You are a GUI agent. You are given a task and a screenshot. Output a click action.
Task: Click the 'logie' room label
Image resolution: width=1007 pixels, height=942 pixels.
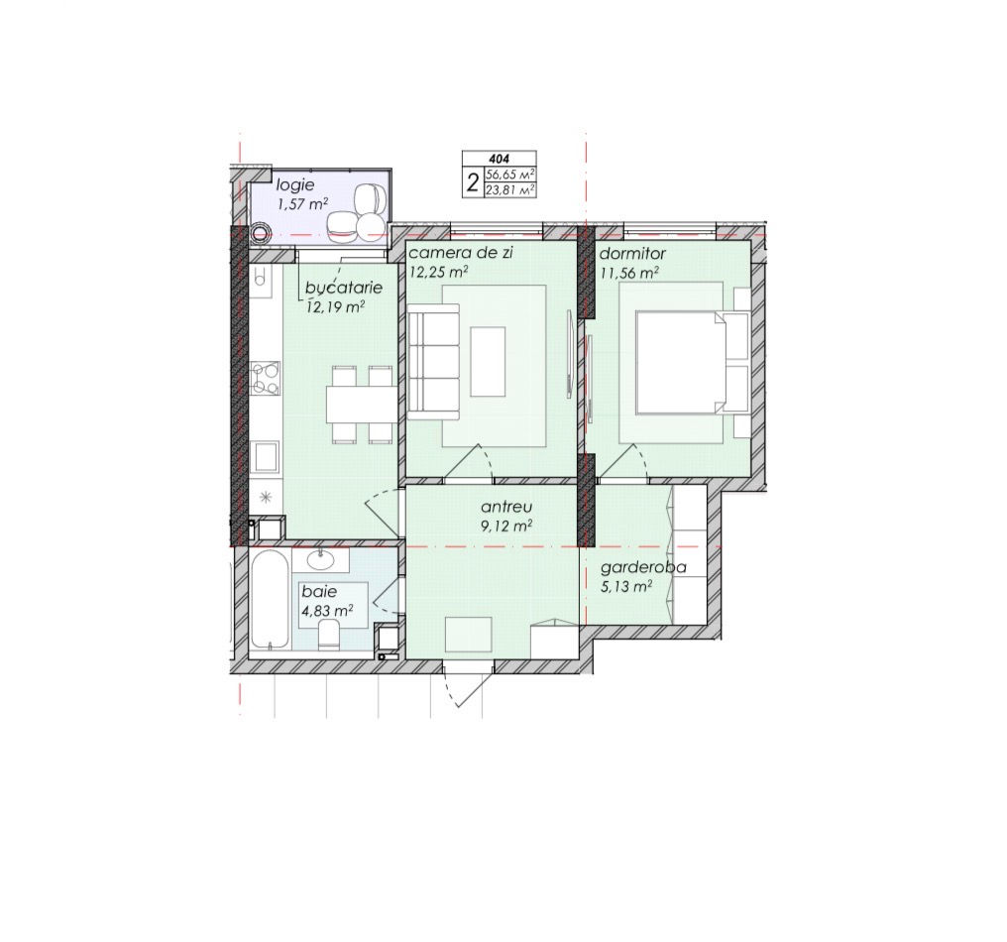pos(294,185)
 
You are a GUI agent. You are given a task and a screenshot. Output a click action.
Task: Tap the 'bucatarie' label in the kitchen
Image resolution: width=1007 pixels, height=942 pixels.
pos(344,288)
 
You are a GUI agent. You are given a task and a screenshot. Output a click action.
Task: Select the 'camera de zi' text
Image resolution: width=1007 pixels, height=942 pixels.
pos(461,253)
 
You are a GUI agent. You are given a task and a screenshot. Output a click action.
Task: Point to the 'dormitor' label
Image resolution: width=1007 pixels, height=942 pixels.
pos(632,254)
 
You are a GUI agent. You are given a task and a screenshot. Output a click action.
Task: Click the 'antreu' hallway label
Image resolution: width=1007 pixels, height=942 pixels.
pos(506,508)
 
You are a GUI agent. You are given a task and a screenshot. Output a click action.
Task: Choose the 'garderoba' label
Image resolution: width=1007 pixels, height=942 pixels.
pos(643,568)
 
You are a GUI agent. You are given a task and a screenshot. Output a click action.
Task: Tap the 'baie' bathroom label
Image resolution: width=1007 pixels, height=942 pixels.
pos(319,591)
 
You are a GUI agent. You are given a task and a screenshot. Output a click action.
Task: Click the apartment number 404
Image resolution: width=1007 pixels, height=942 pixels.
pos(499,158)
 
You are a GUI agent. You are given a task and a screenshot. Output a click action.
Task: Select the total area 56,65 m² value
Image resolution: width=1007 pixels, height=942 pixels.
pos(510,175)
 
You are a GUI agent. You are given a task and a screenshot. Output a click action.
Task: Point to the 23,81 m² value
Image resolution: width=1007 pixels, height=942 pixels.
pos(510,189)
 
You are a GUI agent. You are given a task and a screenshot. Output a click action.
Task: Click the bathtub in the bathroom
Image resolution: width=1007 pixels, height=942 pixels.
pos(270,599)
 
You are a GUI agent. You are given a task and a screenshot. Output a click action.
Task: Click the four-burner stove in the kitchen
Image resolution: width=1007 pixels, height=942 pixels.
pos(266,378)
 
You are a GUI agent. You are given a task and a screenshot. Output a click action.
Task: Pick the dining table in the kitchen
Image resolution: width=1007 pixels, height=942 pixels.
pos(361,404)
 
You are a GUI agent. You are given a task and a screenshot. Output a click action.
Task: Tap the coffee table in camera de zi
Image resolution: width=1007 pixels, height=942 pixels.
pos(488,361)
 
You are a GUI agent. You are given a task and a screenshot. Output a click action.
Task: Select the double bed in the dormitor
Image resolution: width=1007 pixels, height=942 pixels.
pos(692,362)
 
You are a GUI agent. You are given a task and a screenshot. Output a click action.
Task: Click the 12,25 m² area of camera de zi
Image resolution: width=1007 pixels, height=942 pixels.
pos(439,271)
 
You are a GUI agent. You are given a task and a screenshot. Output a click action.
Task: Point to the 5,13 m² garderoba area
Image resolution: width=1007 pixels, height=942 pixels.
pos(626,587)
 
